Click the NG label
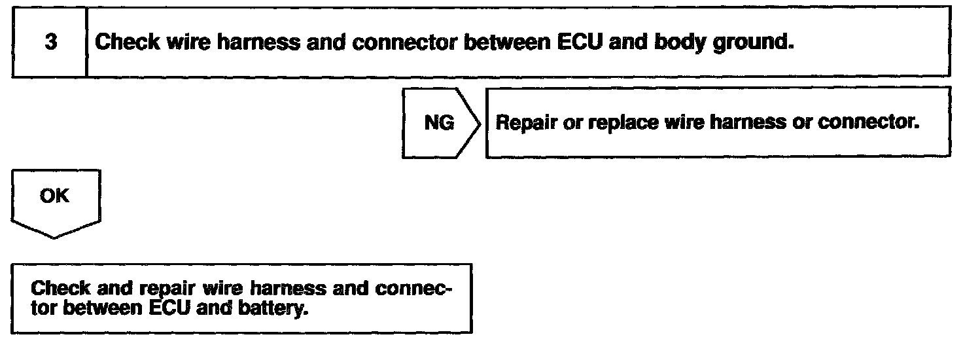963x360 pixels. click(x=439, y=124)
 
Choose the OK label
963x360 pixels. click(x=54, y=196)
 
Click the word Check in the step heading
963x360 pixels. click(x=127, y=43)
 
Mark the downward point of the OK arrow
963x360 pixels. click(x=55, y=236)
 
